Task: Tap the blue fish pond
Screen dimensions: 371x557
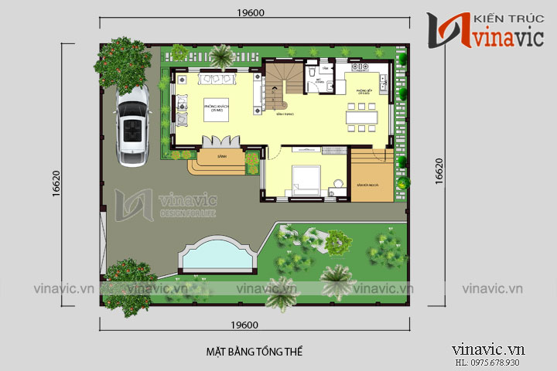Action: (217, 256)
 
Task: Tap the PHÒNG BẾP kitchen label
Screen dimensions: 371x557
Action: (364, 92)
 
